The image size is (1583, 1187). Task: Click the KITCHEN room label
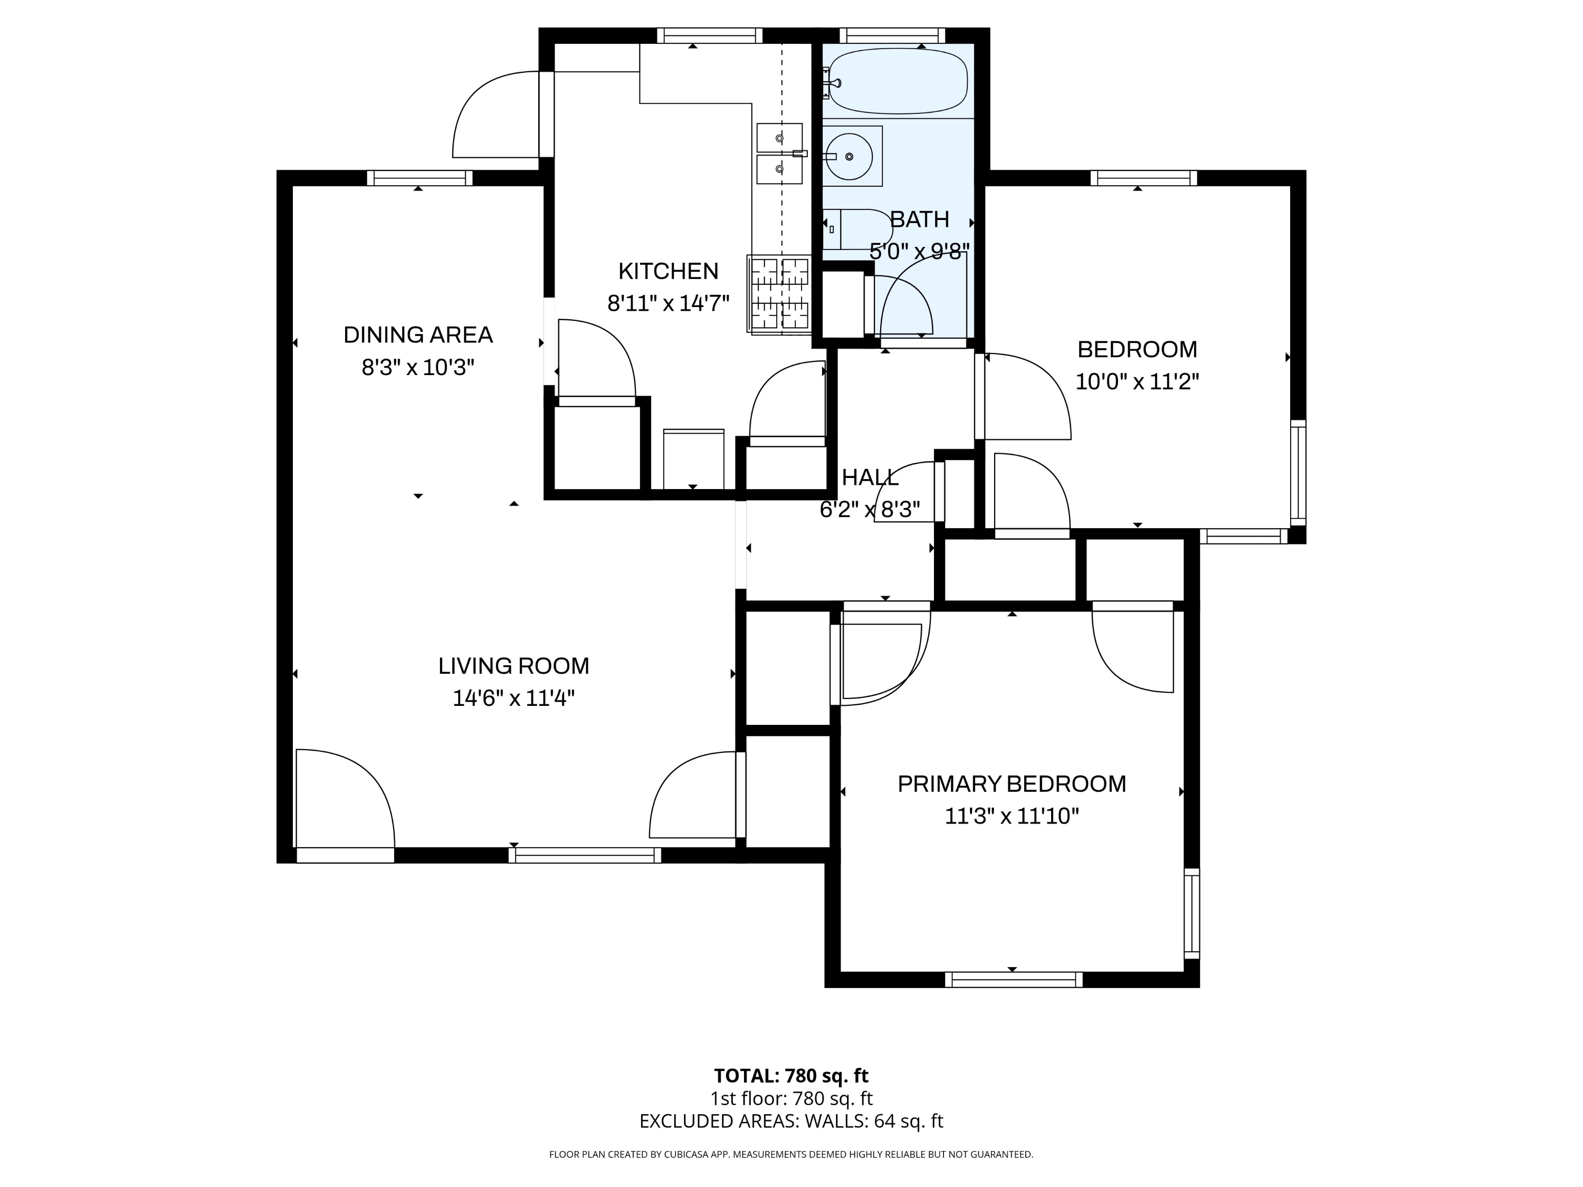(x=667, y=271)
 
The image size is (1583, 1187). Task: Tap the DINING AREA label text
(x=418, y=335)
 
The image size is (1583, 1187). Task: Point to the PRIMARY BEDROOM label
(x=1011, y=784)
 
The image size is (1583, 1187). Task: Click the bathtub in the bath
(x=898, y=81)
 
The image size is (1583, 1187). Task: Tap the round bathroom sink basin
(x=850, y=156)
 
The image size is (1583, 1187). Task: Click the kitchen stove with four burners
(x=779, y=293)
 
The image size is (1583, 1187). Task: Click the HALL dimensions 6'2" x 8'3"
(x=870, y=510)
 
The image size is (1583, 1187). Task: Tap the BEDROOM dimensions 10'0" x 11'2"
(x=1137, y=381)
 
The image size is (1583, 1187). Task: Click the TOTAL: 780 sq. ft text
(x=791, y=1075)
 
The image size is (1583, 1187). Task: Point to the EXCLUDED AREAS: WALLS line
(x=791, y=1121)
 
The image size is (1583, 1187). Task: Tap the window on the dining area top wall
(x=419, y=177)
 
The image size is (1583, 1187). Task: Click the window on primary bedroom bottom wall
(x=1013, y=980)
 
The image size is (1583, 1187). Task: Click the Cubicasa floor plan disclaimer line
(x=791, y=1154)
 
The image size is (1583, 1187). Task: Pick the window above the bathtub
(x=892, y=35)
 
